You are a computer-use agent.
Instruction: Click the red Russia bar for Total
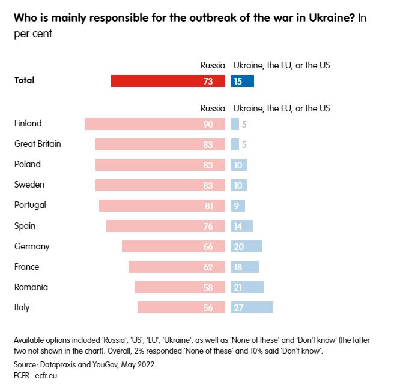tap(168, 81)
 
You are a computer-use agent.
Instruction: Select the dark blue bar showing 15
tap(243, 81)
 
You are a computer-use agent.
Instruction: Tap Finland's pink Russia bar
tap(155, 124)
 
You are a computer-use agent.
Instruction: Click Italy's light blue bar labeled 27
tap(252, 307)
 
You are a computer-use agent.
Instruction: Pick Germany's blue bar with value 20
tap(246, 246)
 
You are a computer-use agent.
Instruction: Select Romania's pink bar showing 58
tap(180, 287)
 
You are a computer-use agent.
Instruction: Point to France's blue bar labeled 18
tap(245, 267)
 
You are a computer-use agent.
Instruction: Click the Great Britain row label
tap(38, 144)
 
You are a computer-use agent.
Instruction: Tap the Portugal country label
tap(30, 205)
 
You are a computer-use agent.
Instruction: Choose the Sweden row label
tap(29, 185)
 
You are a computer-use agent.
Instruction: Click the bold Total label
tap(25, 80)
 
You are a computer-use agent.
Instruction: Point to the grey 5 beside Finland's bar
tap(244, 124)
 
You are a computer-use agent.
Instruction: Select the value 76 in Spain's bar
tap(208, 226)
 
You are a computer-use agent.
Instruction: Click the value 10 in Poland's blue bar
tap(238, 165)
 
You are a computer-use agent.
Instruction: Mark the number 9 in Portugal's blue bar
tap(237, 206)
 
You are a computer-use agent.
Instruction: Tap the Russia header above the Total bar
tap(213, 65)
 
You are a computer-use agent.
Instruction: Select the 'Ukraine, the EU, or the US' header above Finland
tap(282, 108)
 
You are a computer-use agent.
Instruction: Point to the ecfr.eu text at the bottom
tap(46, 375)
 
